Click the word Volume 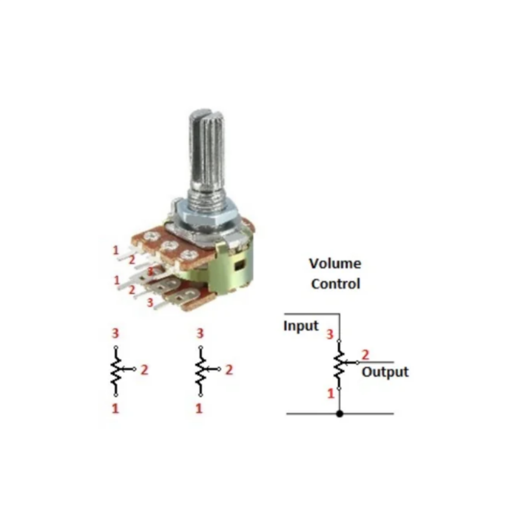[335, 264]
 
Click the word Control [335, 284]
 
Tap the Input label [301, 326]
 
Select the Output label [385, 372]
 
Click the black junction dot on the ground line [340, 413]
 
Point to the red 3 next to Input [330, 334]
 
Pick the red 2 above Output [365, 354]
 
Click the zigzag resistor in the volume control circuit [339, 365]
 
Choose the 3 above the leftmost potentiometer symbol [115, 333]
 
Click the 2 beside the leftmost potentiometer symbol [144, 370]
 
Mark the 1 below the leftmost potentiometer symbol [115, 408]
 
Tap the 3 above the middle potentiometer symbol [200, 333]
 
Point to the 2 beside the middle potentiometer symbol [229, 370]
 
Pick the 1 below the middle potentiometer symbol [199, 408]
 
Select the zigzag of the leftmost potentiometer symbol [116, 371]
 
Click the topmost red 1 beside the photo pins [116, 250]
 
